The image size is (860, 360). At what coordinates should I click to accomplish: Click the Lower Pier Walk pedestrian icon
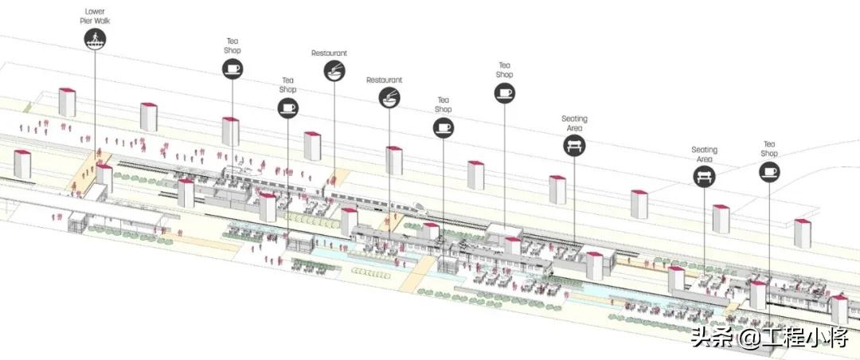[x=95, y=38]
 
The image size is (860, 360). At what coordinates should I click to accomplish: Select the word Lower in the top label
[x=95, y=12]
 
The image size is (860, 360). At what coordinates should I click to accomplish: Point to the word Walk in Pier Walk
[x=103, y=21]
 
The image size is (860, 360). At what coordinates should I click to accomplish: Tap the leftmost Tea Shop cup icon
[x=232, y=69]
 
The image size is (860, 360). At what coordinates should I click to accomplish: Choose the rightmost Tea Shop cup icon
[x=768, y=171]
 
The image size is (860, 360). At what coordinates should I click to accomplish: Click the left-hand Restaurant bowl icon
[x=334, y=72]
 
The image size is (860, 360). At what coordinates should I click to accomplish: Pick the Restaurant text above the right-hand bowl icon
[x=384, y=80]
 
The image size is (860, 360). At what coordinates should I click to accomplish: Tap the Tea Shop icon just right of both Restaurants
[x=444, y=127]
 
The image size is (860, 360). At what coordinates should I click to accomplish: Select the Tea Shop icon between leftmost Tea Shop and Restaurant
[x=288, y=108]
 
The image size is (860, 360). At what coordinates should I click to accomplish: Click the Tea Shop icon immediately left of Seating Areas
[x=504, y=93]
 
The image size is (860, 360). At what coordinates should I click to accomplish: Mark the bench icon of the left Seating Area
[x=574, y=146]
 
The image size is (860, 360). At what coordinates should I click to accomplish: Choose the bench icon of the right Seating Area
[x=704, y=176]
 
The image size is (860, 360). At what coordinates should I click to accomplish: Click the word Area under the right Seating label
[x=704, y=158]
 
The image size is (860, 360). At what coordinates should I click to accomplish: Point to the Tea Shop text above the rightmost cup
[x=768, y=148]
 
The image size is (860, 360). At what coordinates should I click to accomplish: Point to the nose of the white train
[x=424, y=209]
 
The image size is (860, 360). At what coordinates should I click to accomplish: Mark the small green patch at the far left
[x=28, y=107]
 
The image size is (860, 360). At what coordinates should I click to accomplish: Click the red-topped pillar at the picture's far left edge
[x=21, y=163]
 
